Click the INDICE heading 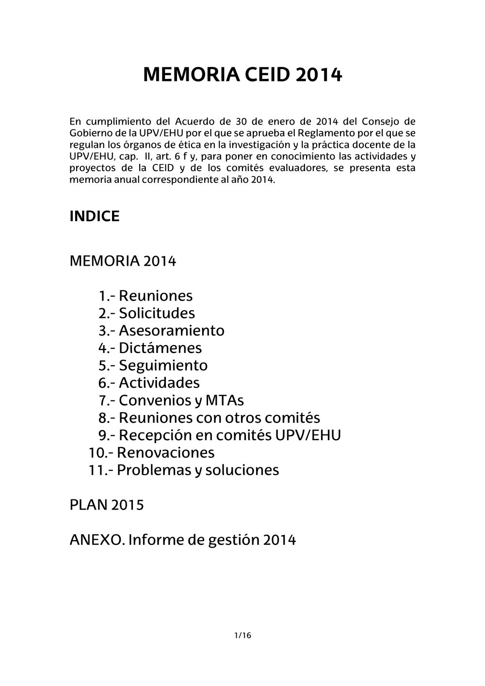95,216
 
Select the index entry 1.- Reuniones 145,296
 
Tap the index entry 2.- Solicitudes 146,313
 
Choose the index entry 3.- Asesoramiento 161,331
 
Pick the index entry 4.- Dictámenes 150,348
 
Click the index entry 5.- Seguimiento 153,366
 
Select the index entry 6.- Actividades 149,383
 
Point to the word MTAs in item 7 225,400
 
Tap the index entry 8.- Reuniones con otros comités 209,418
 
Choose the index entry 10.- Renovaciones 151,453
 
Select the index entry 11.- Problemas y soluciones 184,470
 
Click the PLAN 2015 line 107,505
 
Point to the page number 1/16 242,636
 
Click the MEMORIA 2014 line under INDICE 123,261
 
